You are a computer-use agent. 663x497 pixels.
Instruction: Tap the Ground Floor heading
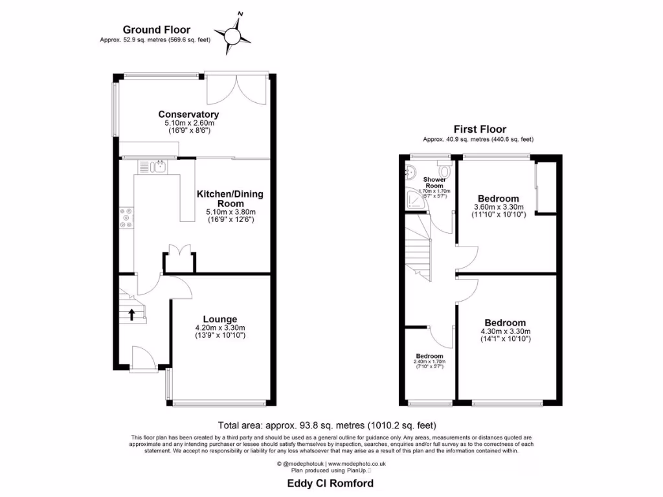(x=156, y=30)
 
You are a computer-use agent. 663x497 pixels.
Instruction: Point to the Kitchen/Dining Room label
(x=230, y=199)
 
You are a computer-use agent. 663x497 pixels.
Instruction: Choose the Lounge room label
(x=220, y=319)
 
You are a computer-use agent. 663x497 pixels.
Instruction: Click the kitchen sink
(x=157, y=168)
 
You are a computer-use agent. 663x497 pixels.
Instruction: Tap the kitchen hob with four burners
(x=126, y=217)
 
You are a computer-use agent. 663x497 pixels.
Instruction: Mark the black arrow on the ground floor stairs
(x=132, y=315)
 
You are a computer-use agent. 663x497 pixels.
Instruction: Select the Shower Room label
(x=434, y=182)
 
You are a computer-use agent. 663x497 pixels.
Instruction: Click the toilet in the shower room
(x=444, y=170)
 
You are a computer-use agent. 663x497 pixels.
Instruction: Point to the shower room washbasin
(x=411, y=171)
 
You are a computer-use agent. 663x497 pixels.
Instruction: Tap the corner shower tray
(x=414, y=201)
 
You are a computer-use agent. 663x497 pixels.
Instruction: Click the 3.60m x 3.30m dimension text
(x=498, y=208)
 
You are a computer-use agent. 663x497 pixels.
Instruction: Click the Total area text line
(x=327, y=425)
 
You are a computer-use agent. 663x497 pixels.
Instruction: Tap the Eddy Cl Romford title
(x=330, y=483)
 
